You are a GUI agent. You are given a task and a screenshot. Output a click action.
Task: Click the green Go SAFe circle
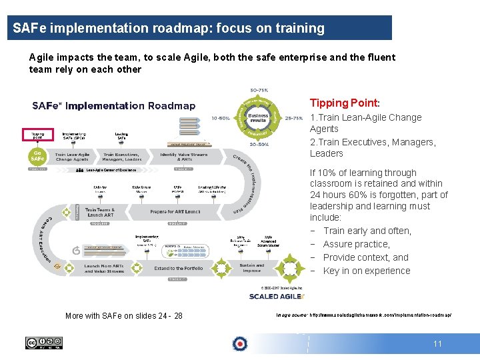37,156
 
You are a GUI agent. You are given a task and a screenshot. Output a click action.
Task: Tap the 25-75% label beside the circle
294,117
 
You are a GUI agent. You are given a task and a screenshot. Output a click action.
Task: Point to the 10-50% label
221,117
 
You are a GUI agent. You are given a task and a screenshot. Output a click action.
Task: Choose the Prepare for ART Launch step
175,211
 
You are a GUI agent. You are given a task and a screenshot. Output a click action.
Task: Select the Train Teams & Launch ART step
100,211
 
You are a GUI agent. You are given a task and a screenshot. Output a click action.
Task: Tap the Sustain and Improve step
252,268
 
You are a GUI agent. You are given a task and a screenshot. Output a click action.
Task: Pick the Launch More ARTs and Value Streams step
103,268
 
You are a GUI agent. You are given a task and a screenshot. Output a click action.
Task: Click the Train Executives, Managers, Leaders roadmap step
122,157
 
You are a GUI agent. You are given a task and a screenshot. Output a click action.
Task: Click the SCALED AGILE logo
277,296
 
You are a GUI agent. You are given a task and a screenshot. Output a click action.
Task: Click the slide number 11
437,344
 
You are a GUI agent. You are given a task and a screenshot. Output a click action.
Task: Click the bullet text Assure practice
356,244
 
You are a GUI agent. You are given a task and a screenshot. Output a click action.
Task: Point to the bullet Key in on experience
366,271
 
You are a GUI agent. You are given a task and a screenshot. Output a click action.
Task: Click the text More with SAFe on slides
123,315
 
